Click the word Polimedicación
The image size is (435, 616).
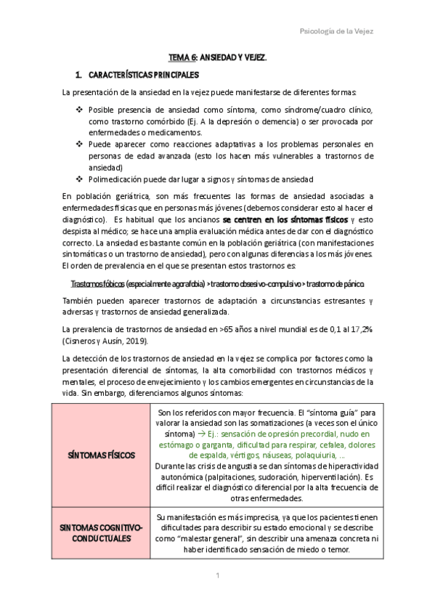(x=118, y=179)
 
